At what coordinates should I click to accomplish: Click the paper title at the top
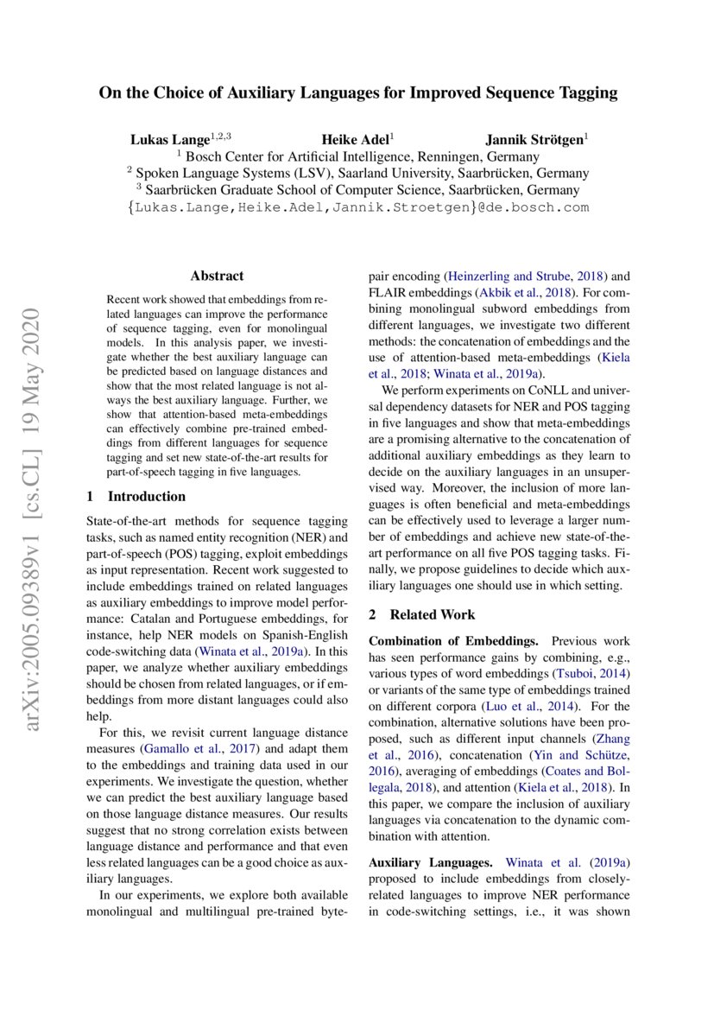pyautogui.click(x=357, y=92)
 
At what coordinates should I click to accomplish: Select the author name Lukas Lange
pyautogui.click(x=170, y=138)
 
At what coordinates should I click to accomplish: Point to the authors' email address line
pyautogui.click(x=357, y=207)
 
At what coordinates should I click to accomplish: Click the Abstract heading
pyautogui.click(x=217, y=276)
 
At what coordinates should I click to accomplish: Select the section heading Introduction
pyautogui.click(x=145, y=496)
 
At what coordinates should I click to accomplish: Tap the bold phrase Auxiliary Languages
pyautogui.click(x=430, y=862)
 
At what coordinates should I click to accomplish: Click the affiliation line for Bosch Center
pyautogui.click(x=357, y=156)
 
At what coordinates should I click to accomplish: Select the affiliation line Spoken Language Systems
pyautogui.click(x=357, y=173)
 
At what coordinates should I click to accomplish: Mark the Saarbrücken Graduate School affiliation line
pyautogui.click(x=357, y=190)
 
